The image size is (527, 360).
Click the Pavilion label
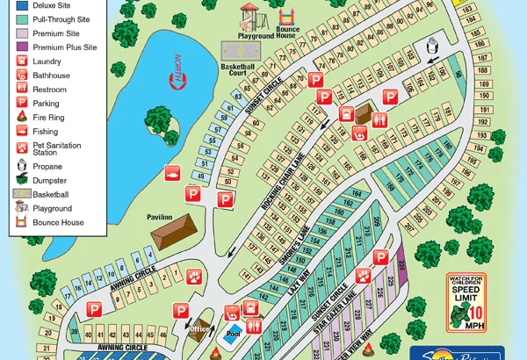(166, 217)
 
